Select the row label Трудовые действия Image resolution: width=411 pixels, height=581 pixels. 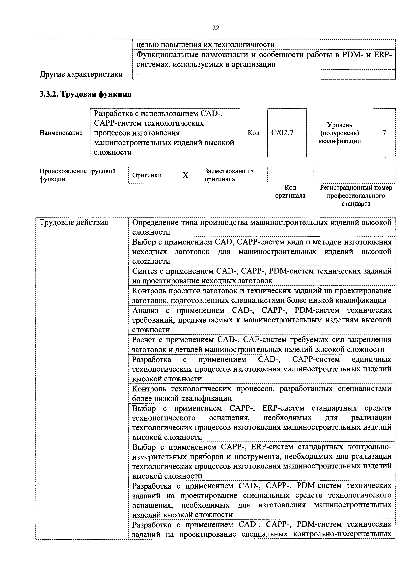point(74,222)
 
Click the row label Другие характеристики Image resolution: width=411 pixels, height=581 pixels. point(81,74)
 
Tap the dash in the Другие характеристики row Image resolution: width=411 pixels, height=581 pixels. point(138,74)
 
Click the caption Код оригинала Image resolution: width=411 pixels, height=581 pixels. point(290,192)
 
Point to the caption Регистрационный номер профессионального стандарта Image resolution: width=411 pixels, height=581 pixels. point(356,196)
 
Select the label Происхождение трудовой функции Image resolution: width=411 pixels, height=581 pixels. point(77,175)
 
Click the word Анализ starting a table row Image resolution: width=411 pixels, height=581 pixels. point(145,310)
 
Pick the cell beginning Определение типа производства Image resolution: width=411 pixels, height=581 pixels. point(262,227)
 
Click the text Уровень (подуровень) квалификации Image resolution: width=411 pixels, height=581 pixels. point(339,133)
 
